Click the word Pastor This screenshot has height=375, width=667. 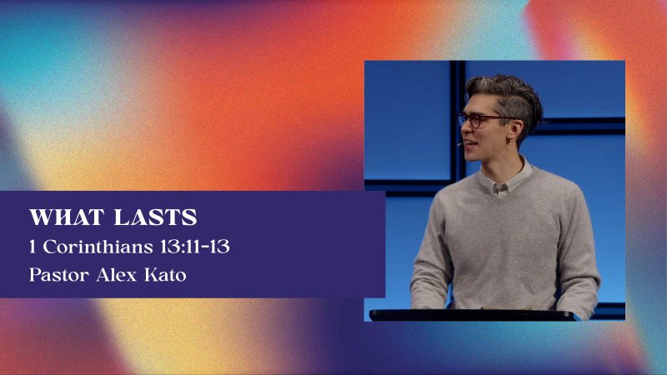(58, 275)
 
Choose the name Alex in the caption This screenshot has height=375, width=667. (117, 275)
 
